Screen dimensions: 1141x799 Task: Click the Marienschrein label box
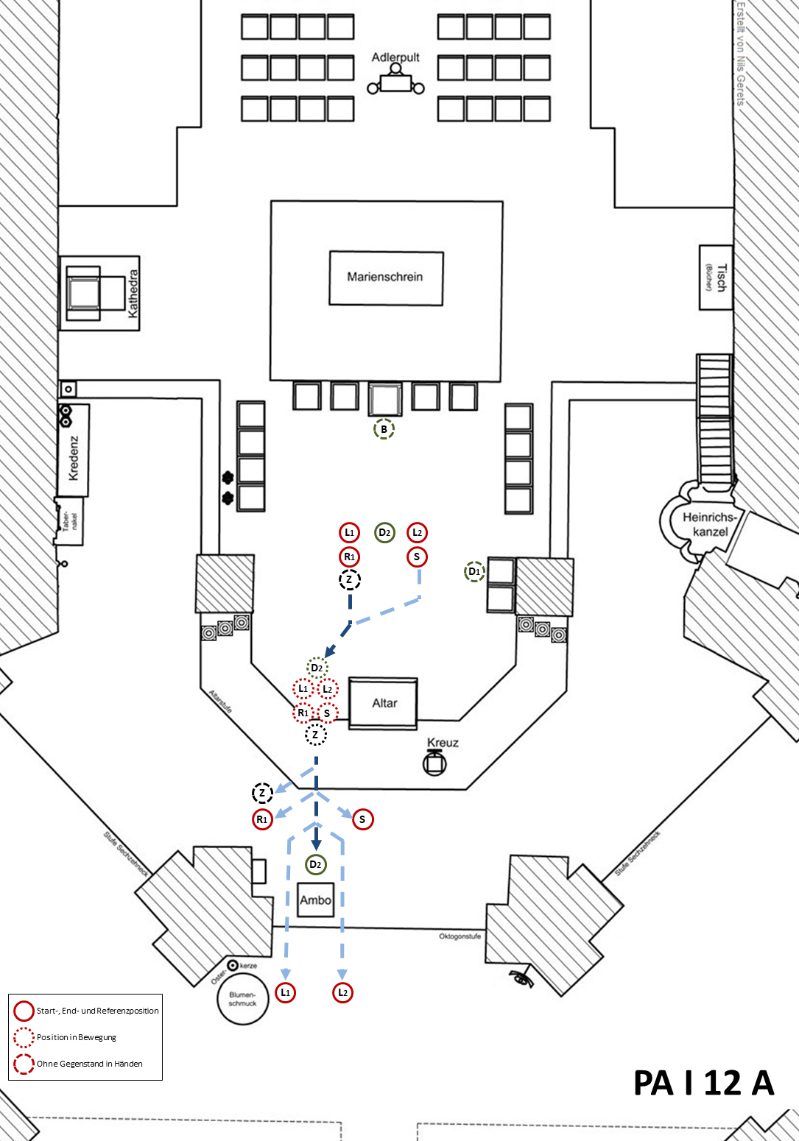tap(385, 278)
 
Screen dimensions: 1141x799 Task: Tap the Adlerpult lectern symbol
tap(395, 82)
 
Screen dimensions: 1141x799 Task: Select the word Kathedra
tap(133, 294)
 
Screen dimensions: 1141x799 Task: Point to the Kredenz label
tap(74, 458)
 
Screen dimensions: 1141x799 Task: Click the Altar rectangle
tap(383, 703)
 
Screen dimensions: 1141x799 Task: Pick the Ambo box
tap(315, 900)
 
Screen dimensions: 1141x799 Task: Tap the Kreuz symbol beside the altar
tap(434, 763)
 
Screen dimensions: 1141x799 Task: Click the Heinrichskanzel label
tap(710, 524)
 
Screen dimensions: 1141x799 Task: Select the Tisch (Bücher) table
tap(715, 278)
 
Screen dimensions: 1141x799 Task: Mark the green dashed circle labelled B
tap(384, 429)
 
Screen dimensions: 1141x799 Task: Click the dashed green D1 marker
tap(474, 571)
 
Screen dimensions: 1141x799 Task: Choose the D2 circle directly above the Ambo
tap(315, 864)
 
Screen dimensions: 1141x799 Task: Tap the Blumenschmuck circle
tap(242, 999)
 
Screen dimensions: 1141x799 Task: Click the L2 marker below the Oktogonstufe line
tap(342, 992)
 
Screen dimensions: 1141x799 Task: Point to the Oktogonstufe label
tap(460, 936)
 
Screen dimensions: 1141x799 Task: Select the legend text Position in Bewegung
tap(77, 1037)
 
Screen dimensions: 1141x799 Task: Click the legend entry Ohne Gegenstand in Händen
tap(89, 1064)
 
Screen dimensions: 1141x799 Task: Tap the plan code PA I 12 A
tap(703, 1083)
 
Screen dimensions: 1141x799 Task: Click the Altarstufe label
tap(220, 702)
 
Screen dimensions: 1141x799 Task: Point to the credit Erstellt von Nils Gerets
tap(741, 54)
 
